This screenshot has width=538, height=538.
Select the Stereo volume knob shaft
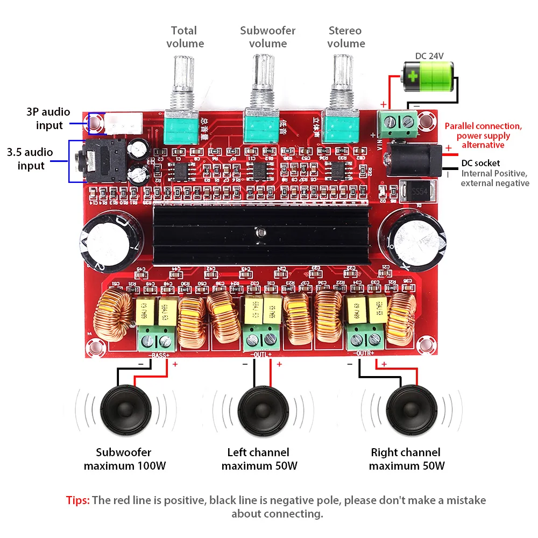click(341, 73)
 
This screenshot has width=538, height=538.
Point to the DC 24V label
click(429, 55)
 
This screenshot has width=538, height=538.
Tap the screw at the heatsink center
click(261, 232)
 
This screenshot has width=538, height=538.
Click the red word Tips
click(77, 500)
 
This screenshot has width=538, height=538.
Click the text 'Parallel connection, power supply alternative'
click(483, 135)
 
